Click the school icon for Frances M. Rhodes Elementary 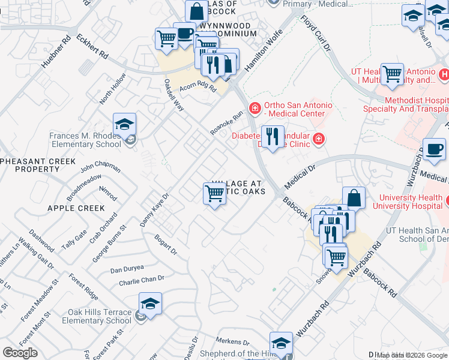[124, 125]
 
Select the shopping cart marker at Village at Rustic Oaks [214, 193]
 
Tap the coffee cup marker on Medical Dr [434, 149]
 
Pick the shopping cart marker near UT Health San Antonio [392, 74]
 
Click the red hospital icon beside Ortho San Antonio [255, 108]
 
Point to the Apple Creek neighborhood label [76, 208]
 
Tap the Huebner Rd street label [56, 50]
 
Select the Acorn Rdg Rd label [197, 87]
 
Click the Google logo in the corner [20, 353]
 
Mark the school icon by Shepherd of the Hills [280, 344]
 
